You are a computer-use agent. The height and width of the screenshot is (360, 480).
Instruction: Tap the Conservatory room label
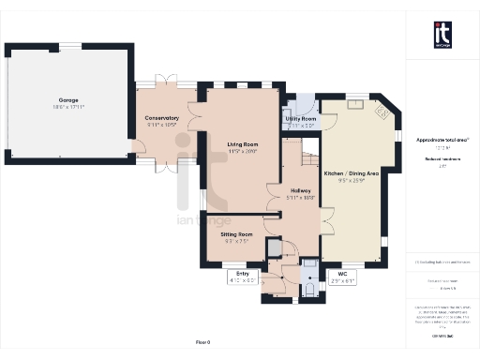click(161, 118)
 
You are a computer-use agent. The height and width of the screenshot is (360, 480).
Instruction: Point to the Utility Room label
click(302, 119)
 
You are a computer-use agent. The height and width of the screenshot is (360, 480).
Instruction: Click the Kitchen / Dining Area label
click(351, 174)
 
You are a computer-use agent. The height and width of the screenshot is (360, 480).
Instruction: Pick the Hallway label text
click(299, 191)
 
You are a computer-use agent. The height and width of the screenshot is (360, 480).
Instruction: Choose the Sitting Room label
click(236, 233)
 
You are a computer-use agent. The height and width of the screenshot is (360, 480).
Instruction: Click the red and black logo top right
click(442, 35)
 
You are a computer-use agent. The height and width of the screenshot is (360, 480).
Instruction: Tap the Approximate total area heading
click(442, 139)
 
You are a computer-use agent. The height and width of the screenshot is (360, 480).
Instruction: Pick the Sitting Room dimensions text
click(236, 240)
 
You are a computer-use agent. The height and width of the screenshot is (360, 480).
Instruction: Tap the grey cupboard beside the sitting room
click(273, 247)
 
